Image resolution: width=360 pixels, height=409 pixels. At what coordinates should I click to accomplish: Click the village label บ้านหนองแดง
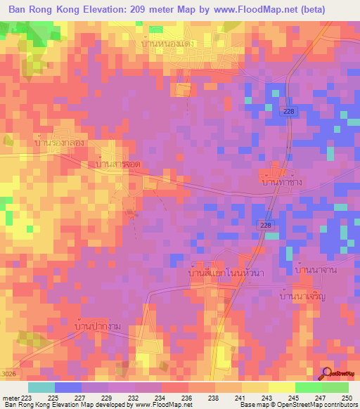click(x=167, y=44)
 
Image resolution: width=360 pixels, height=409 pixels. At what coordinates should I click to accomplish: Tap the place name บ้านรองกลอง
click(x=60, y=142)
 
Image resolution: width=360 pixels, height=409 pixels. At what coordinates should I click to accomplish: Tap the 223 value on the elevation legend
click(x=28, y=397)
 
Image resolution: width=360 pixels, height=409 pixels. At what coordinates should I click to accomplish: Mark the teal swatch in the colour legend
click(x=41, y=387)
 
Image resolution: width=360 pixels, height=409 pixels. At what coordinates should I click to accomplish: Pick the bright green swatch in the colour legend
click(x=308, y=387)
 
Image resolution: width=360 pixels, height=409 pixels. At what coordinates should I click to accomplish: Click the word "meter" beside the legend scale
click(x=10, y=397)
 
